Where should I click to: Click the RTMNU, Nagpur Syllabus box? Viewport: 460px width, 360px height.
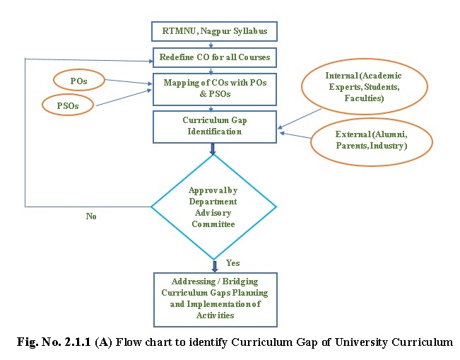(214, 31)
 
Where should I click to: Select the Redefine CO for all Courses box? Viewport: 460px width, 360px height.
(214, 57)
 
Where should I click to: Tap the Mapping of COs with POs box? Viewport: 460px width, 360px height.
(214, 88)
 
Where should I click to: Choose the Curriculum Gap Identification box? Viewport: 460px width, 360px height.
(214, 126)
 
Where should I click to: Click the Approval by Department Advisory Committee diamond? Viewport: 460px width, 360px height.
(214, 207)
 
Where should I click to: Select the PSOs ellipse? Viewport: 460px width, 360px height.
(69, 106)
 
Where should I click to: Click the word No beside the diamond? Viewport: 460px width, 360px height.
(91, 216)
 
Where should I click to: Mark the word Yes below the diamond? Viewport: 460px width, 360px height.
(232, 263)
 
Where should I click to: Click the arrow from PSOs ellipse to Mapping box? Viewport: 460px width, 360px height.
(124, 98)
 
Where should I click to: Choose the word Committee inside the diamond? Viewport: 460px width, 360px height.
(214, 224)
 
